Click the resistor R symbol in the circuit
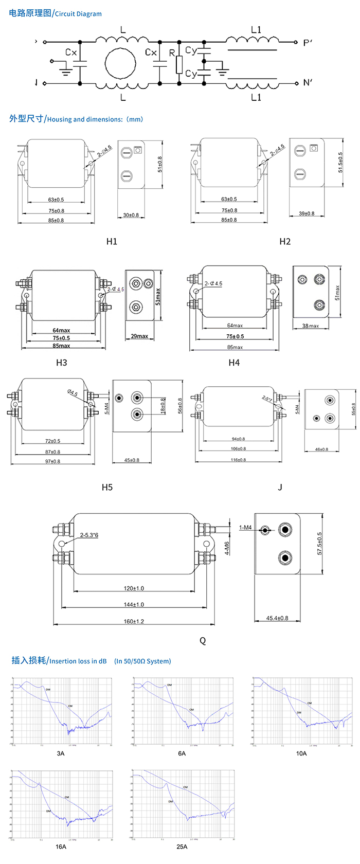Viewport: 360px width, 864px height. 179,65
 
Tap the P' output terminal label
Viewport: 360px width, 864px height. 308,43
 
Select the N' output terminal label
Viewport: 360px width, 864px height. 308,83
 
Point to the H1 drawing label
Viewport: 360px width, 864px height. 112,241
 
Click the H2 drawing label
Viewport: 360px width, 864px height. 285,241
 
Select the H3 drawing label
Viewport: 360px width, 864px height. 61,363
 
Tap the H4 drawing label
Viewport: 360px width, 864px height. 234,363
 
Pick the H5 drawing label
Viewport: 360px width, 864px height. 107,487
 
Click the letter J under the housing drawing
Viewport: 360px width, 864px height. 280,487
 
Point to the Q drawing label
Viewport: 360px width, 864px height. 203,640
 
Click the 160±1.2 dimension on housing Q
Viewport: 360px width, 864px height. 134,621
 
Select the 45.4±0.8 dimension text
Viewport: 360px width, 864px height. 277,618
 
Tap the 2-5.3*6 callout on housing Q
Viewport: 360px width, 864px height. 89,535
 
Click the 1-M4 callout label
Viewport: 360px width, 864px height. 245,527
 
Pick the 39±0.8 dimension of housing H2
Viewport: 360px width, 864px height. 307,213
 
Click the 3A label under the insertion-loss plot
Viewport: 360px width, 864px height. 61,753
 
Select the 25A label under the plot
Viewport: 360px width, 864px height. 182,847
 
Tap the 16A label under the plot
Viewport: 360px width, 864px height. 61,847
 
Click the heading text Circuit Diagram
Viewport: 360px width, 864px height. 78,14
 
